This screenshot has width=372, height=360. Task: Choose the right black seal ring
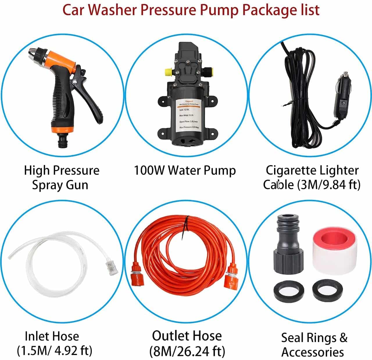click(328, 291)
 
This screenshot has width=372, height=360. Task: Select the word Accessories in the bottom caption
click(313, 352)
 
